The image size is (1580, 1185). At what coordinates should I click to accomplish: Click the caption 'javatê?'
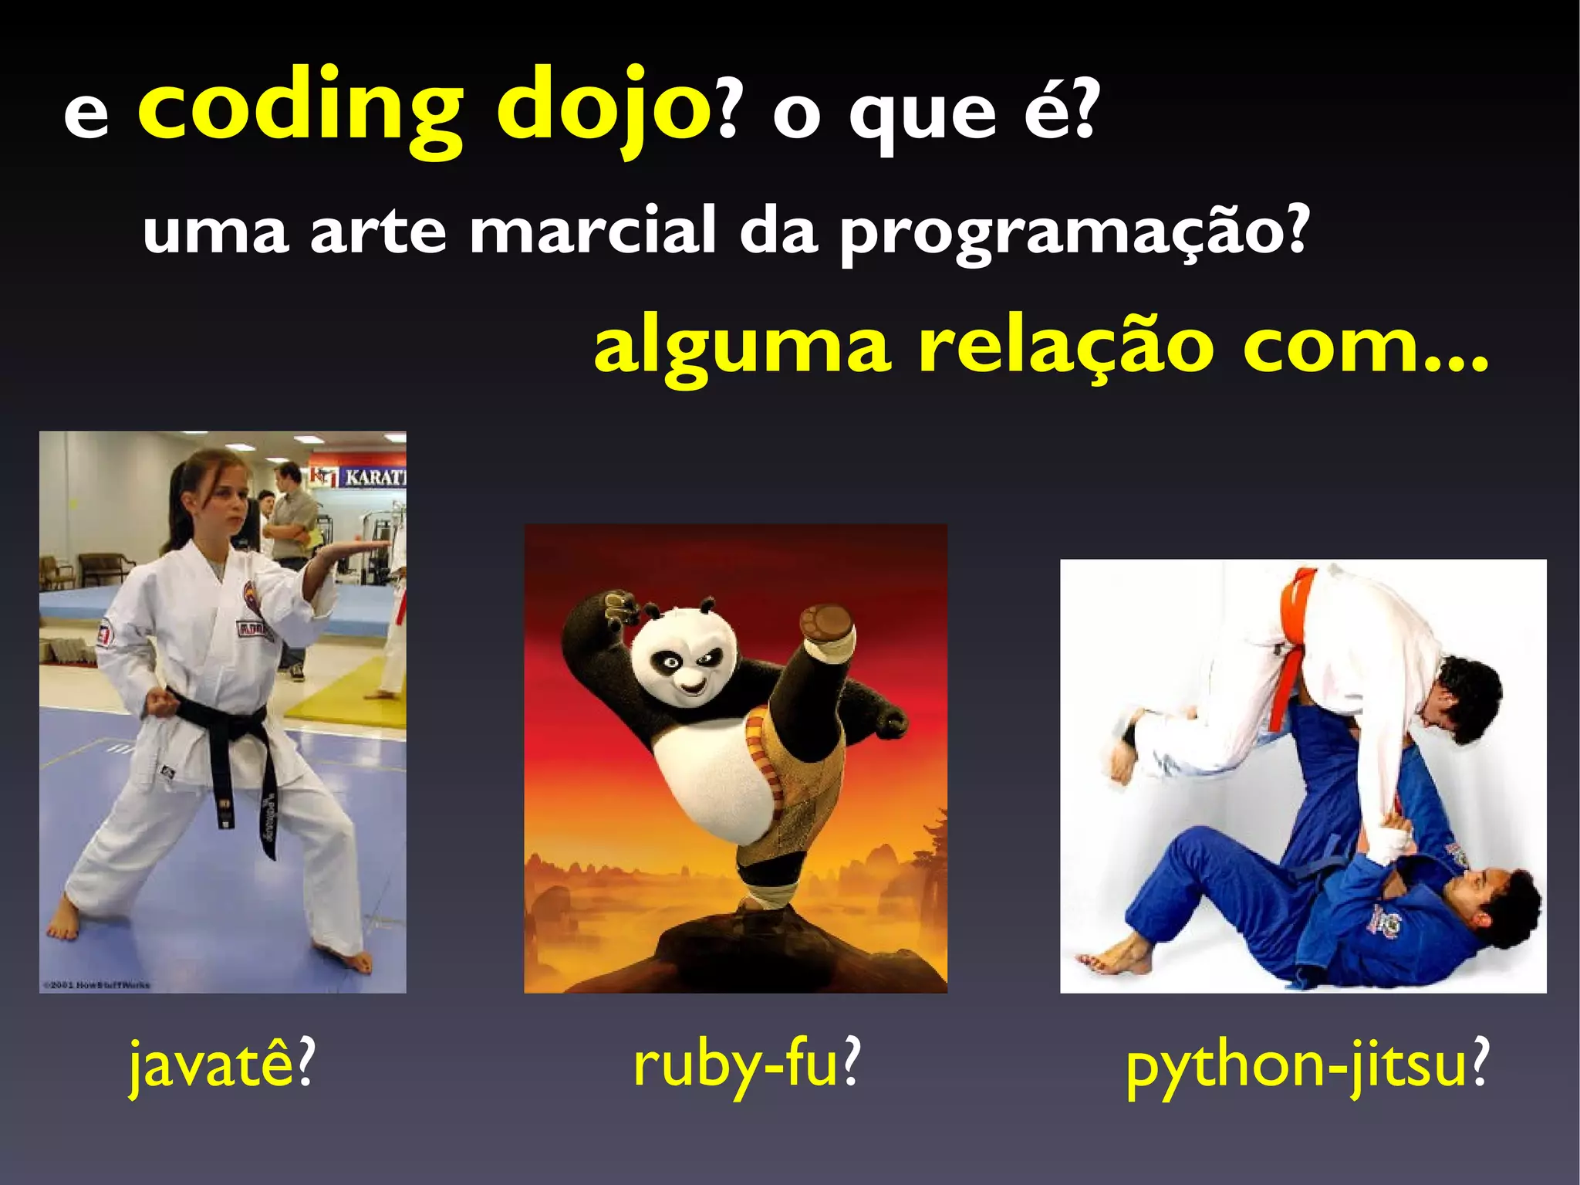coord(222,1065)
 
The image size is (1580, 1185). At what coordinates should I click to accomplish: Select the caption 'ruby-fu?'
coord(746,1065)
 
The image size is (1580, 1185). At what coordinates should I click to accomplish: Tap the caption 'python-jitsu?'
coord(1306,1065)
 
